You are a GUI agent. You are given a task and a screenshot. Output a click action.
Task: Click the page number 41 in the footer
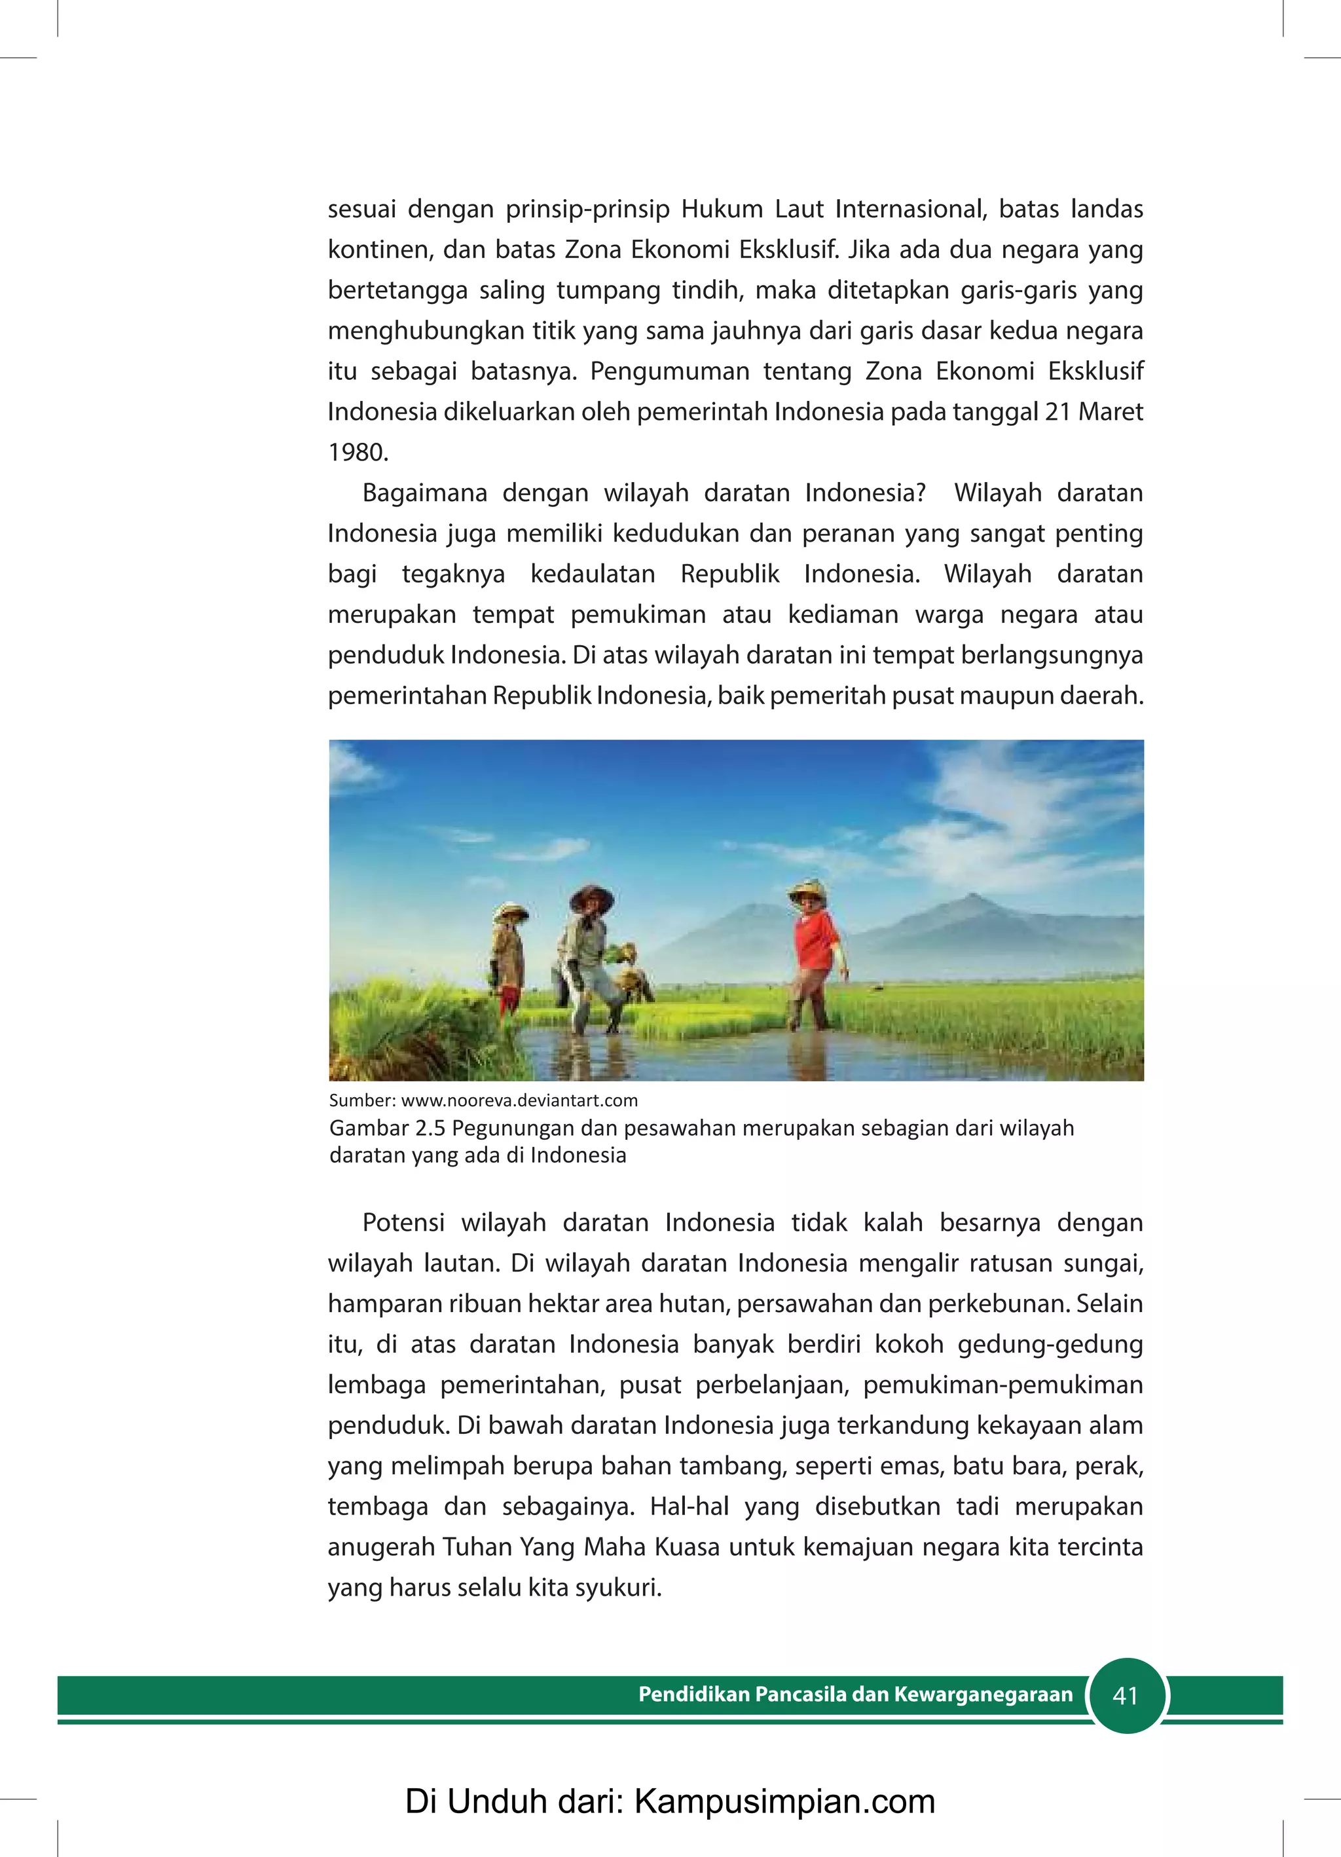click(x=1126, y=1696)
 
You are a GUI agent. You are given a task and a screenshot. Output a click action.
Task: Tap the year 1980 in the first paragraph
click(x=358, y=452)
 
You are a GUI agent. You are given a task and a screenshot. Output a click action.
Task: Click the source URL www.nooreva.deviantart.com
click(x=519, y=1100)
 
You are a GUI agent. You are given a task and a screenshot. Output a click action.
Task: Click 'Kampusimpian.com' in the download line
click(x=784, y=1802)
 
